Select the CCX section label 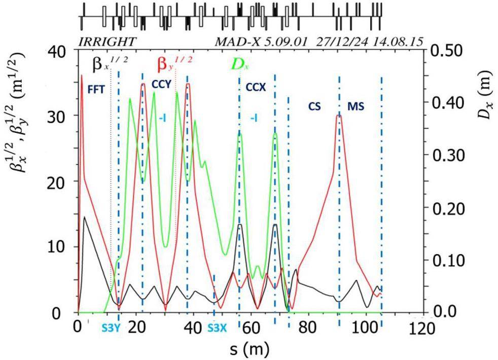[x=255, y=87]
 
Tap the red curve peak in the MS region [x=339, y=116]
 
